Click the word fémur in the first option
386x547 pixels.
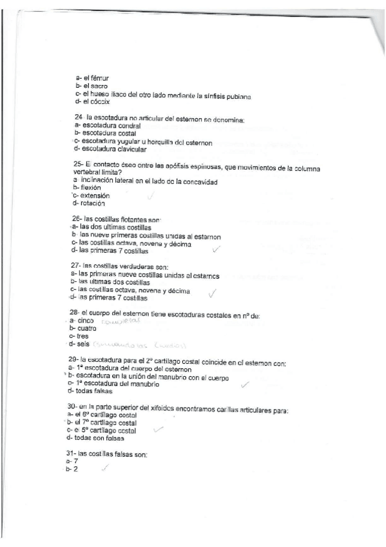[91, 78]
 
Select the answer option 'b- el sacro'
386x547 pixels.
[91, 86]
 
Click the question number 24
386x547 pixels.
[77, 117]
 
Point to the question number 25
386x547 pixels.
[77, 164]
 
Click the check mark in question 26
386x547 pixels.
[216, 249]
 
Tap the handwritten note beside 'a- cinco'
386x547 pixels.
[121, 321]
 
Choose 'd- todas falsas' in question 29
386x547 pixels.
[93, 391]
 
